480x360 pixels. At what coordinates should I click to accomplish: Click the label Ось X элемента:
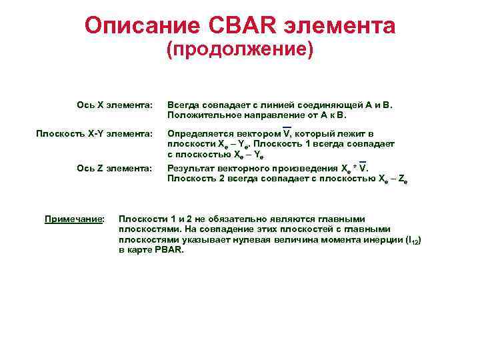115,105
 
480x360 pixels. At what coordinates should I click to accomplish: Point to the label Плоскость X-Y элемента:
94,134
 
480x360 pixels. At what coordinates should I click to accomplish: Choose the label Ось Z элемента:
115,168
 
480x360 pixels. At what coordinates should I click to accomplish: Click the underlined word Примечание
73,219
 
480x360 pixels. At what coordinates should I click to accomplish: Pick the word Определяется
196,134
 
